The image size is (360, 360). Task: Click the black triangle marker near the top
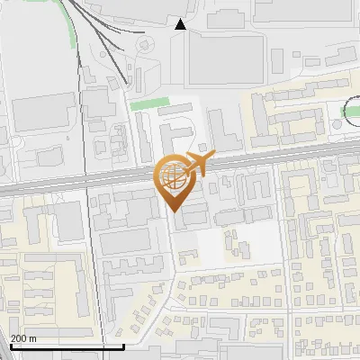[181, 24]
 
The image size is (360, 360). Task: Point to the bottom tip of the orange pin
[173, 211]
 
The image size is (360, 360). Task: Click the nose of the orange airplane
[212, 156]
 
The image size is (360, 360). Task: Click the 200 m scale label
[24, 338]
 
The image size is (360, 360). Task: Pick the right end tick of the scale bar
[122, 345]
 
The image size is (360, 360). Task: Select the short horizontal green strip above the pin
[149, 105]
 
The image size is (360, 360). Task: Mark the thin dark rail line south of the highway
[92, 270]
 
